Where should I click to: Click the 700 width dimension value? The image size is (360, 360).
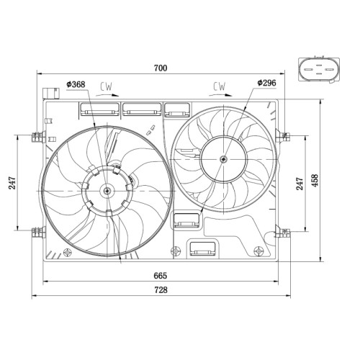(x=161, y=68)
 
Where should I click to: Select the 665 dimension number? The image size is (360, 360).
(x=160, y=276)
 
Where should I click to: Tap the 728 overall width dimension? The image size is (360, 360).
(x=161, y=290)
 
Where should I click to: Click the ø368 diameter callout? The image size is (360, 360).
(x=76, y=84)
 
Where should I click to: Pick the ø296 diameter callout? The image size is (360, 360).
(x=266, y=83)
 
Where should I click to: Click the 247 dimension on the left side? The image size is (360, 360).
(x=12, y=183)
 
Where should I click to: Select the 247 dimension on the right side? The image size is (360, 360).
(x=300, y=184)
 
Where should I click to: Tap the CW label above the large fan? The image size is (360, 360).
(x=106, y=86)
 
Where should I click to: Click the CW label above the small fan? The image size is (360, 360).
(x=220, y=86)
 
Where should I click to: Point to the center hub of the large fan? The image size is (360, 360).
(x=107, y=191)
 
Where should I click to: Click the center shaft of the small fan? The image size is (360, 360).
(x=224, y=159)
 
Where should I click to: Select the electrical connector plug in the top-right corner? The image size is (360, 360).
(x=319, y=69)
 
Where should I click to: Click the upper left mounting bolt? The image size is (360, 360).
(x=39, y=137)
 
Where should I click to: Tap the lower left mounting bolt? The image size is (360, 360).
(x=39, y=233)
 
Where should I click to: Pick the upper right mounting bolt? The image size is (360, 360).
(x=283, y=136)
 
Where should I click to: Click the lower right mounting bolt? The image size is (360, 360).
(x=283, y=232)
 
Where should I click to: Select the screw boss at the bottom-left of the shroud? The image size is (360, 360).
(x=67, y=253)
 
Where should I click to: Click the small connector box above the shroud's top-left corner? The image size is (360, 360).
(x=50, y=94)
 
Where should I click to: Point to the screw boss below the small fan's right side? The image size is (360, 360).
(x=258, y=251)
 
